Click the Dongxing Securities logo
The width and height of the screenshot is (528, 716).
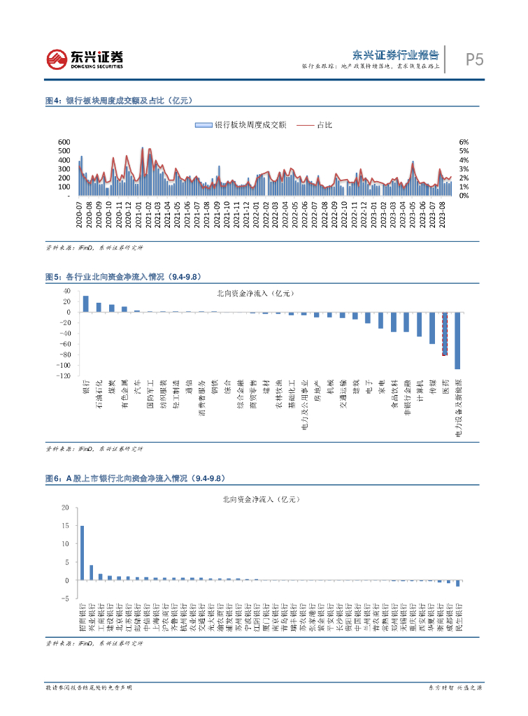84,59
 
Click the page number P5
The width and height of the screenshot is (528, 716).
474,59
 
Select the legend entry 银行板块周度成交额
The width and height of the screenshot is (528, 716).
241,125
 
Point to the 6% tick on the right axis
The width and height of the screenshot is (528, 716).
463,142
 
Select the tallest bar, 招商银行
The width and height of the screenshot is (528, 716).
82,552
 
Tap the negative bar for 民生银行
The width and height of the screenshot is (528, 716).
458,583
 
